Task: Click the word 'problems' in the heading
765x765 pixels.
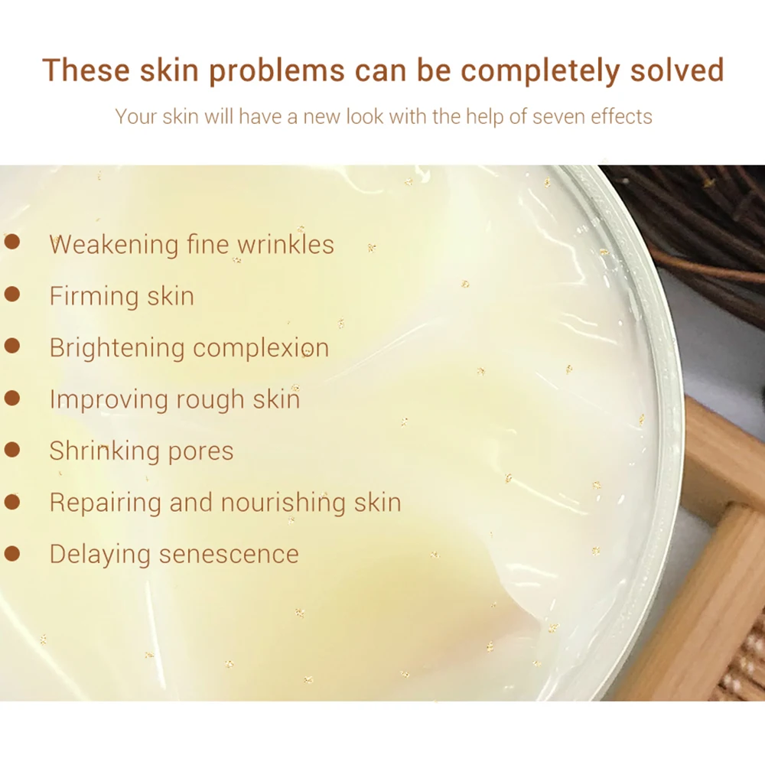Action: click(277, 70)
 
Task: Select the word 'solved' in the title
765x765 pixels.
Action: click(677, 70)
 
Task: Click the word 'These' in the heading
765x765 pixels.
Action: click(86, 70)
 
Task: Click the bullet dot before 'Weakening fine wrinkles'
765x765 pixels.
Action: click(12, 242)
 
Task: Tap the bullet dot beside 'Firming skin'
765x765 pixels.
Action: click(12, 294)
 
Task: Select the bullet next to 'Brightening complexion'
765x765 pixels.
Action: click(12, 346)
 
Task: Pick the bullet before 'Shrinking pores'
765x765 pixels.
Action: click(12, 449)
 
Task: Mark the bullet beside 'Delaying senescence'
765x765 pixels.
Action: click(12, 553)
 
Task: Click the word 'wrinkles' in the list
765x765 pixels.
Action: click(286, 244)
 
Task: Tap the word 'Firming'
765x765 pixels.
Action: click(94, 296)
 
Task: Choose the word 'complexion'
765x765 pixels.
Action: click(261, 348)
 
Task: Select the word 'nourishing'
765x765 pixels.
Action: click(284, 503)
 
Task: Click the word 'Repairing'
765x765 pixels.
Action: click(106, 503)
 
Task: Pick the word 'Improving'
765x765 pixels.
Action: click(109, 400)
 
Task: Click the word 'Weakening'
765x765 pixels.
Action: click(114, 245)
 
